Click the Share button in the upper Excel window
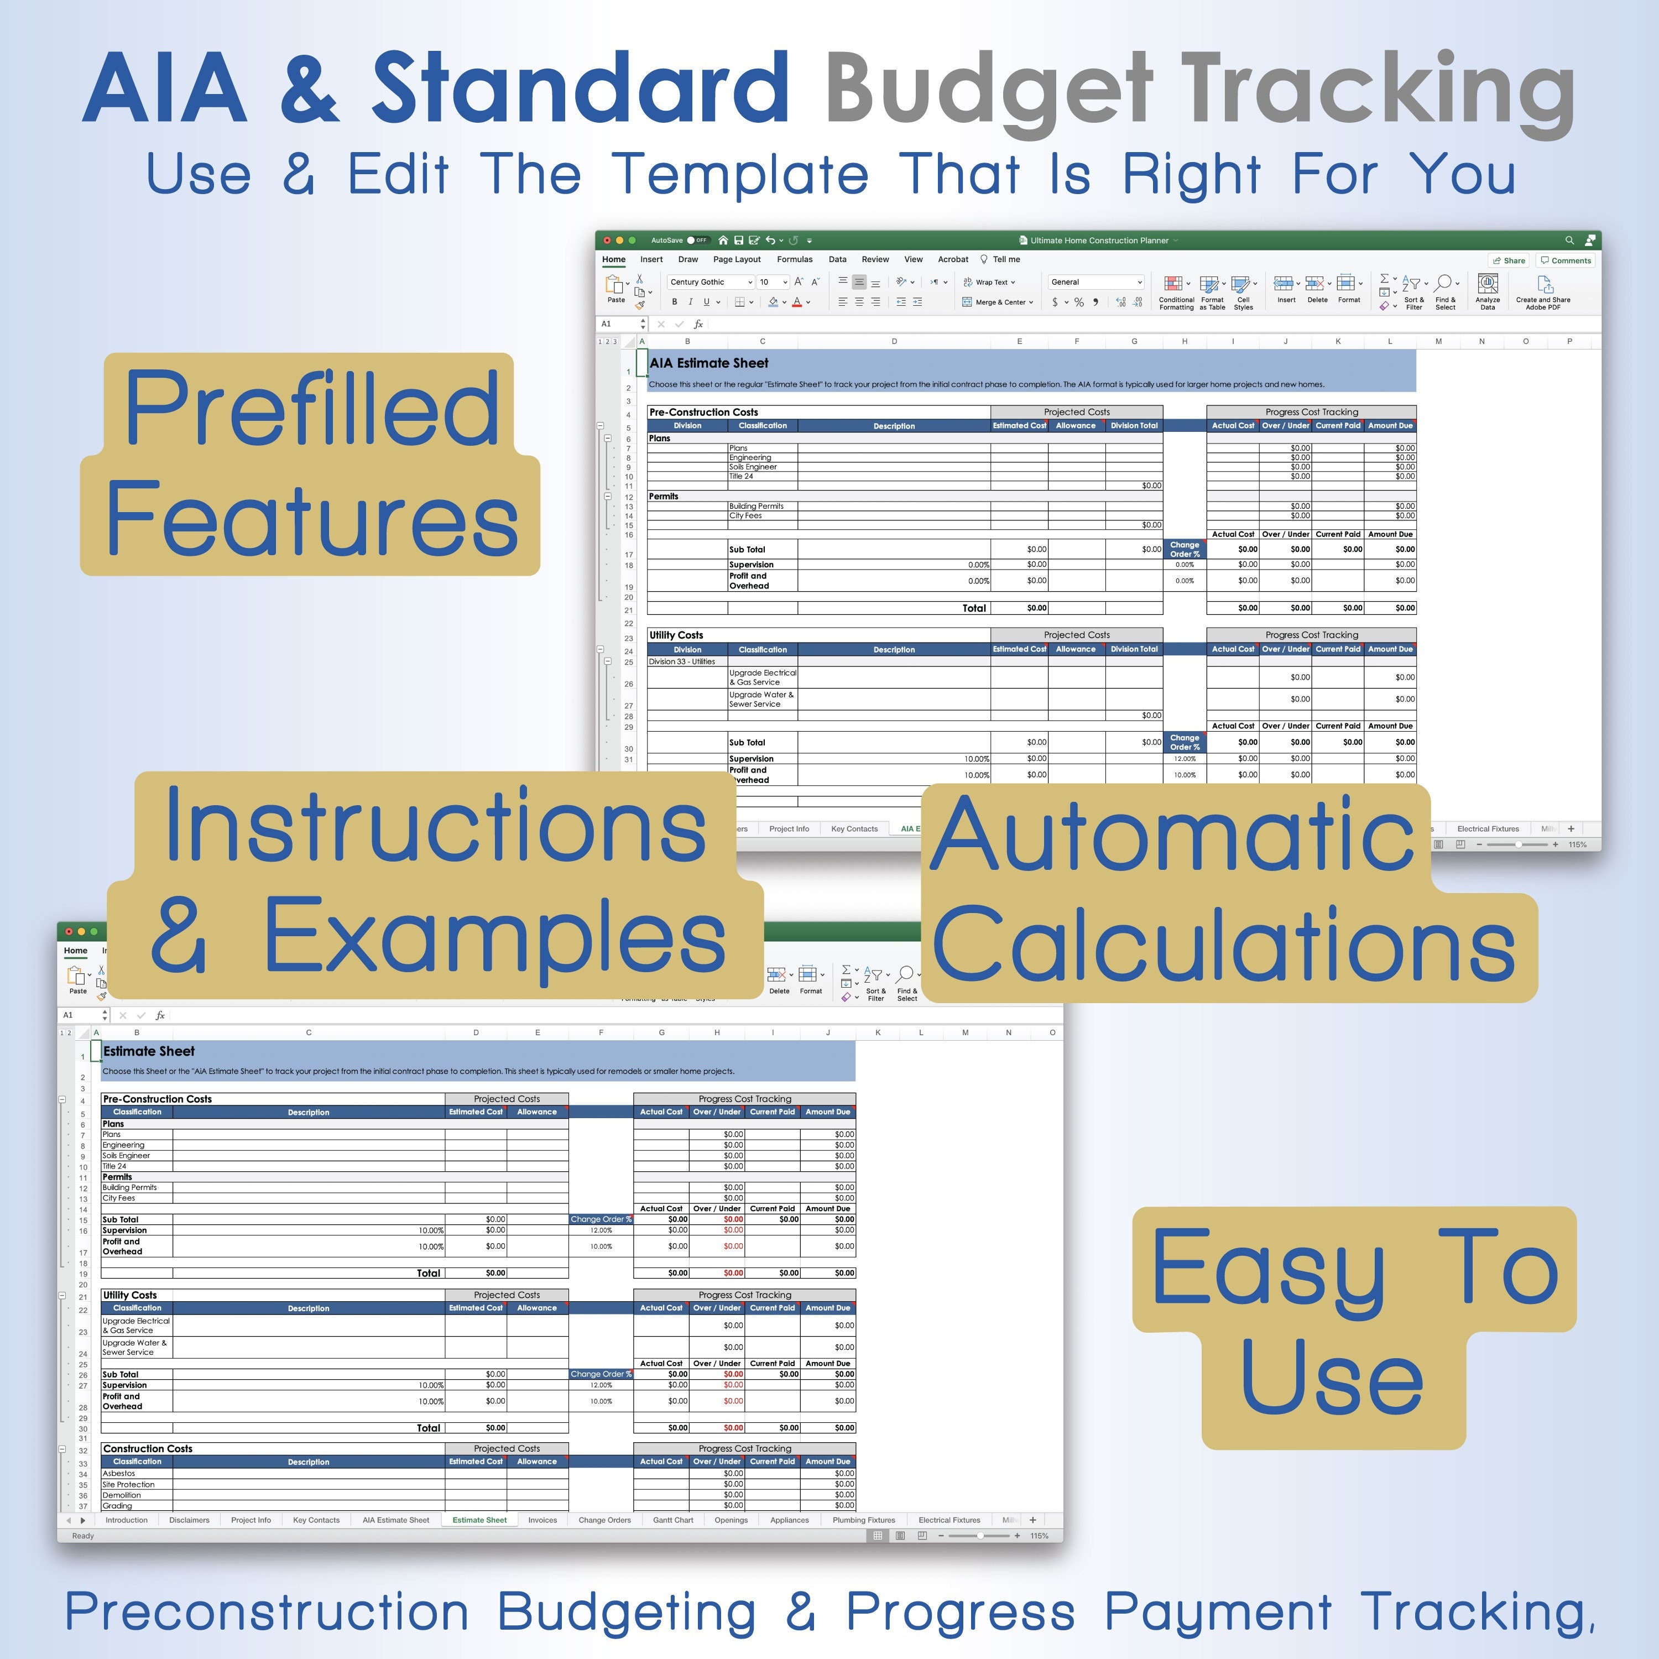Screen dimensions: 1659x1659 1509,260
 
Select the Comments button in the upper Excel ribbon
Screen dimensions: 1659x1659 1566,260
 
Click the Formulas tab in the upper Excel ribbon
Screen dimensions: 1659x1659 794,259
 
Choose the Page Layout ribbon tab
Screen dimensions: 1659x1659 737,259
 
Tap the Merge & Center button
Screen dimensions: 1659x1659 998,302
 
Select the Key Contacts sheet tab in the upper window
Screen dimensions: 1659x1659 854,828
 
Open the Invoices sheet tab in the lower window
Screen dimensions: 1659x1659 542,1520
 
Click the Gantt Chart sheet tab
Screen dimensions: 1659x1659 672,1520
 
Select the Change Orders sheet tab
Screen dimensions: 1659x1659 604,1520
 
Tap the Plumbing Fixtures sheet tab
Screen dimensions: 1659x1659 863,1520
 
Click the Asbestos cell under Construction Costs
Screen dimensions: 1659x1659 119,1474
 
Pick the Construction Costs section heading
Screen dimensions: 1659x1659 148,1449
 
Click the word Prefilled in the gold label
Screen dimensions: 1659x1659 311,408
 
